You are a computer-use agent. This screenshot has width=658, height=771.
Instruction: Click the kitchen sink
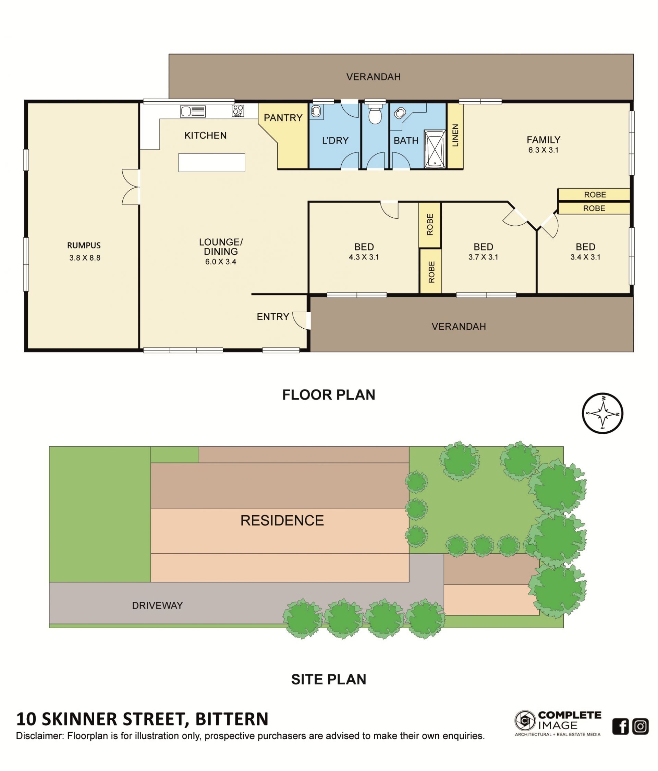(x=193, y=111)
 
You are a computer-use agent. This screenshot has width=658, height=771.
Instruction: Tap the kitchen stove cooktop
(x=238, y=111)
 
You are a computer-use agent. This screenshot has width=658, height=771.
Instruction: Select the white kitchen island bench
(x=211, y=163)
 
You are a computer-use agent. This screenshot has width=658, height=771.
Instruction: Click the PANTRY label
(x=283, y=118)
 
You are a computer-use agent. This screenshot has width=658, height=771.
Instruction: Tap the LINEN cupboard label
(x=455, y=136)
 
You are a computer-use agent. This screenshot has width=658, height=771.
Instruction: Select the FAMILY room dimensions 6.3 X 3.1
(x=543, y=150)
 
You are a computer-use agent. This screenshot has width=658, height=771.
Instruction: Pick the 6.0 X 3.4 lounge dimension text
(x=220, y=262)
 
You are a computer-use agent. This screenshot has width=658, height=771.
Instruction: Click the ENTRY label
(x=273, y=317)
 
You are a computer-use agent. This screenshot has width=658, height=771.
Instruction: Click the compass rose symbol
(x=602, y=413)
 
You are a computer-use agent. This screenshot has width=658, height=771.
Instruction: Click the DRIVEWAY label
(x=157, y=605)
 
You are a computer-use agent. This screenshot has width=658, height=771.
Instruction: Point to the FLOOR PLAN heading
(x=328, y=395)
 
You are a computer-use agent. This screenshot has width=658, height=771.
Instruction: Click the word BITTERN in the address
(x=232, y=719)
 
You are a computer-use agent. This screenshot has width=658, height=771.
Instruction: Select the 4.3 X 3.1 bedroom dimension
(x=364, y=257)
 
